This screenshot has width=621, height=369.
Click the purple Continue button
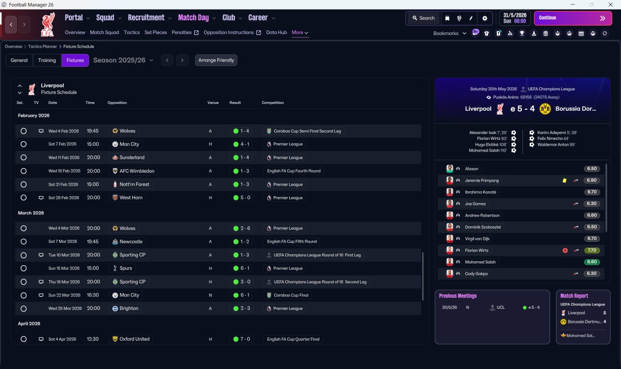(573, 18)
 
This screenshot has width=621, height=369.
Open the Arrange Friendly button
(216, 60)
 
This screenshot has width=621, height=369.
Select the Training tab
(47, 60)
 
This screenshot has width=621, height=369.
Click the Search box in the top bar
(424, 18)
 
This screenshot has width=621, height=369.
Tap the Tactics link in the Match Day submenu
(131, 33)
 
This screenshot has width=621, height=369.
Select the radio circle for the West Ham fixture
(24, 198)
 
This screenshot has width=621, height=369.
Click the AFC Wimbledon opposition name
(137, 171)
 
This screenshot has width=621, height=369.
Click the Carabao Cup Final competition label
(291, 295)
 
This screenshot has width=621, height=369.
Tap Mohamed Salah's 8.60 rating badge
(592, 262)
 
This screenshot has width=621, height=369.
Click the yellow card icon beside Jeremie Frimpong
(564, 181)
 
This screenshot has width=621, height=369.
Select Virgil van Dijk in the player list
(477, 238)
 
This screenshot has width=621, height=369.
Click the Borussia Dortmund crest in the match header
(545, 109)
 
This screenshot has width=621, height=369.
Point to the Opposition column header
(117, 102)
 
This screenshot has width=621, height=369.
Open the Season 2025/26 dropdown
(123, 60)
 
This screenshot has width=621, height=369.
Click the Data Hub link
(277, 33)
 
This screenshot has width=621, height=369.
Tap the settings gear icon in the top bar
(485, 18)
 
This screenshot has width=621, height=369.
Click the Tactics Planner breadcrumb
(42, 47)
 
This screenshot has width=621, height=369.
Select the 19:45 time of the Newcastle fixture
(93, 242)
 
